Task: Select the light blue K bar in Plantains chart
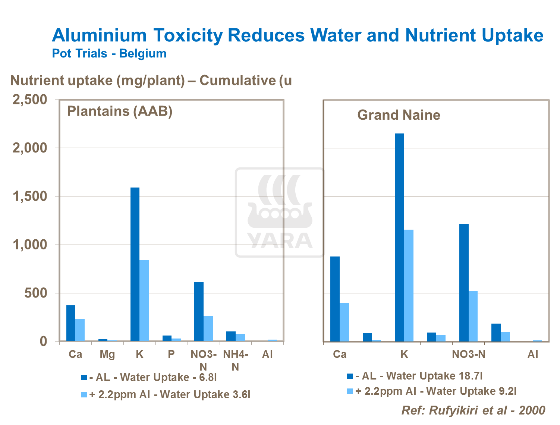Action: click(x=144, y=300)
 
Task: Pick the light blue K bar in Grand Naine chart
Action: click(x=409, y=285)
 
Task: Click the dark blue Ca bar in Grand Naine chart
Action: click(x=335, y=299)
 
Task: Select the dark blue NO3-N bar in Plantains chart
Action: click(x=199, y=311)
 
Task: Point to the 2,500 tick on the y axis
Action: click(x=30, y=100)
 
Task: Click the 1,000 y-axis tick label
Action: click(x=30, y=245)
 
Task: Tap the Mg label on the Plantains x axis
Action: click(x=107, y=354)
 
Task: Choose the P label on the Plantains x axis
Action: click(x=171, y=354)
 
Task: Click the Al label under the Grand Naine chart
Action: click(x=533, y=354)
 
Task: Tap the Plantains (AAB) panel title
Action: click(x=120, y=111)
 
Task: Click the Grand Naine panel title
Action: click(x=399, y=115)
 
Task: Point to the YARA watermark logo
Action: click(x=280, y=212)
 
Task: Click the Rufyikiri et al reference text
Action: click(x=473, y=410)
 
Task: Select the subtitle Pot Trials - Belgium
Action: click(x=109, y=54)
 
